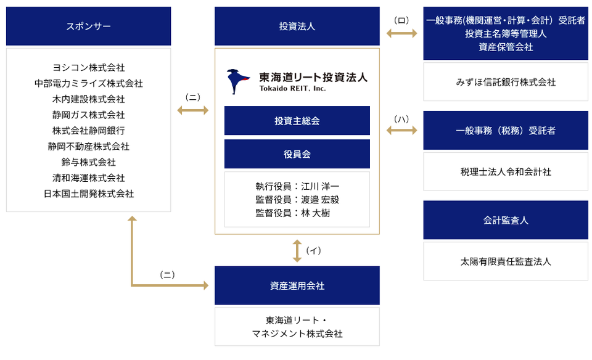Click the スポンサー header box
(x=88, y=26)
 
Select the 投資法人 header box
(x=297, y=26)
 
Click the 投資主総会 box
(x=297, y=121)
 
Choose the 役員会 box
(x=297, y=154)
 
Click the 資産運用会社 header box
(x=297, y=285)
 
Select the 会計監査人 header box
(x=506, y=220)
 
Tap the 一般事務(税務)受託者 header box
(x=506, y=130)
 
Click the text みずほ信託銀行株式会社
(x=506, y=81)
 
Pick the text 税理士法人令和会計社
(x=506, y=171)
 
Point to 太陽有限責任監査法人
(x=506, y=261)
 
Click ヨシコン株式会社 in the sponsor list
(x=89, y=67)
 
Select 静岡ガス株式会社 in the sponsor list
(x=89, y=115)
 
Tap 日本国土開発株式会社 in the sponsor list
(x=89, y=194)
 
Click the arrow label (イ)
(x=314, y=250)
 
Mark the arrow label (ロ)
(x=401, y=20)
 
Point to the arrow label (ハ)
(x=401, y=118)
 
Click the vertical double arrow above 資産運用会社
(x=297, y=250)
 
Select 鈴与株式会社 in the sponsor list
(x=89, y=162)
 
